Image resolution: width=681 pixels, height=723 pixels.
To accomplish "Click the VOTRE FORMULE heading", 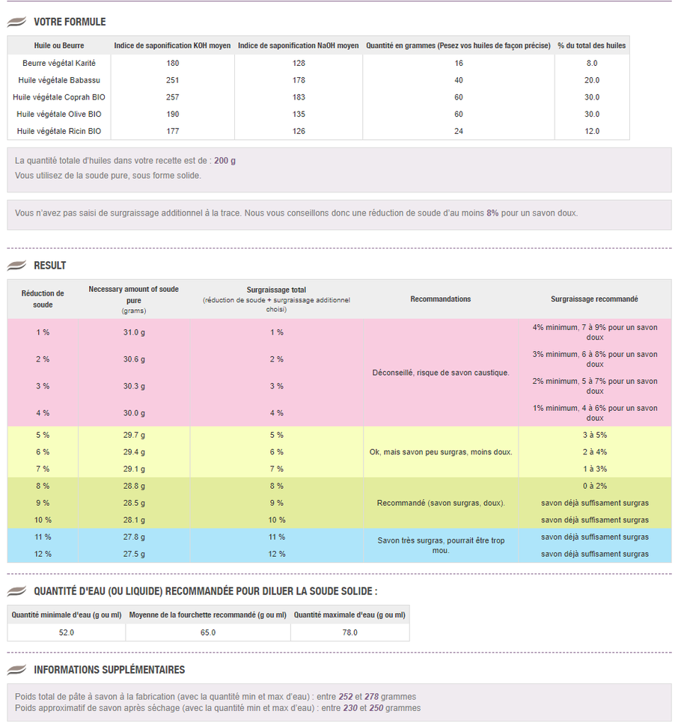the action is (70, 22).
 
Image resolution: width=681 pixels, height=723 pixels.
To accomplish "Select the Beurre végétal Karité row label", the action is (59, 63).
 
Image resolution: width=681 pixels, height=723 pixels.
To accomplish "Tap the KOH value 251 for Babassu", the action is (172, 80).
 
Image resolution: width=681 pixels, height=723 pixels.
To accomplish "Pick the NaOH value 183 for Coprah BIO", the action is (299, 97).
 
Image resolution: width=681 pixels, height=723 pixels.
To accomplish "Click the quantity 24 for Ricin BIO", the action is (458, 132).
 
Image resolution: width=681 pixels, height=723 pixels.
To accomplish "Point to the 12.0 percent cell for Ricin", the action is (592, 132).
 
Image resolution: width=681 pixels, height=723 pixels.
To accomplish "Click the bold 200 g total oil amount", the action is (225, 161).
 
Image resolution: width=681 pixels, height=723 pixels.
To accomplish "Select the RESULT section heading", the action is (50, 266).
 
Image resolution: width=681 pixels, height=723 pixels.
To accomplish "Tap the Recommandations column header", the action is (441, 299).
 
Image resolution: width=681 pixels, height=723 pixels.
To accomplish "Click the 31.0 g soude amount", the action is (134, 332).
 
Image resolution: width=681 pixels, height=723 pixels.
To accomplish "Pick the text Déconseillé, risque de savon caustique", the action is (441, 373).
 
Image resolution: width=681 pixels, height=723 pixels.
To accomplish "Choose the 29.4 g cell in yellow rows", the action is (134, 452).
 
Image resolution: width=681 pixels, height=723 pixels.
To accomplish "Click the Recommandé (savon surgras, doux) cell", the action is (441, 503).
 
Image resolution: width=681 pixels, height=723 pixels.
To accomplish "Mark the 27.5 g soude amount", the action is (134, 555).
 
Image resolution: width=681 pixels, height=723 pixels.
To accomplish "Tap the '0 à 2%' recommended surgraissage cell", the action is (595, 486).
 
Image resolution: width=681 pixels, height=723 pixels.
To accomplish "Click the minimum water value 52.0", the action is (67, 632).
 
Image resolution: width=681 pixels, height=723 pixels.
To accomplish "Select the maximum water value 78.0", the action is (350, 632).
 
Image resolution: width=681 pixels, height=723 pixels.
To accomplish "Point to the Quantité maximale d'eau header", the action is (350, 615).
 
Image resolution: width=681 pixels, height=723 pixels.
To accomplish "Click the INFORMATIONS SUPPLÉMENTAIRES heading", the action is (109, 670).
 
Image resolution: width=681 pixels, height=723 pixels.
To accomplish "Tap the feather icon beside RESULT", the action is (16, 265).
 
